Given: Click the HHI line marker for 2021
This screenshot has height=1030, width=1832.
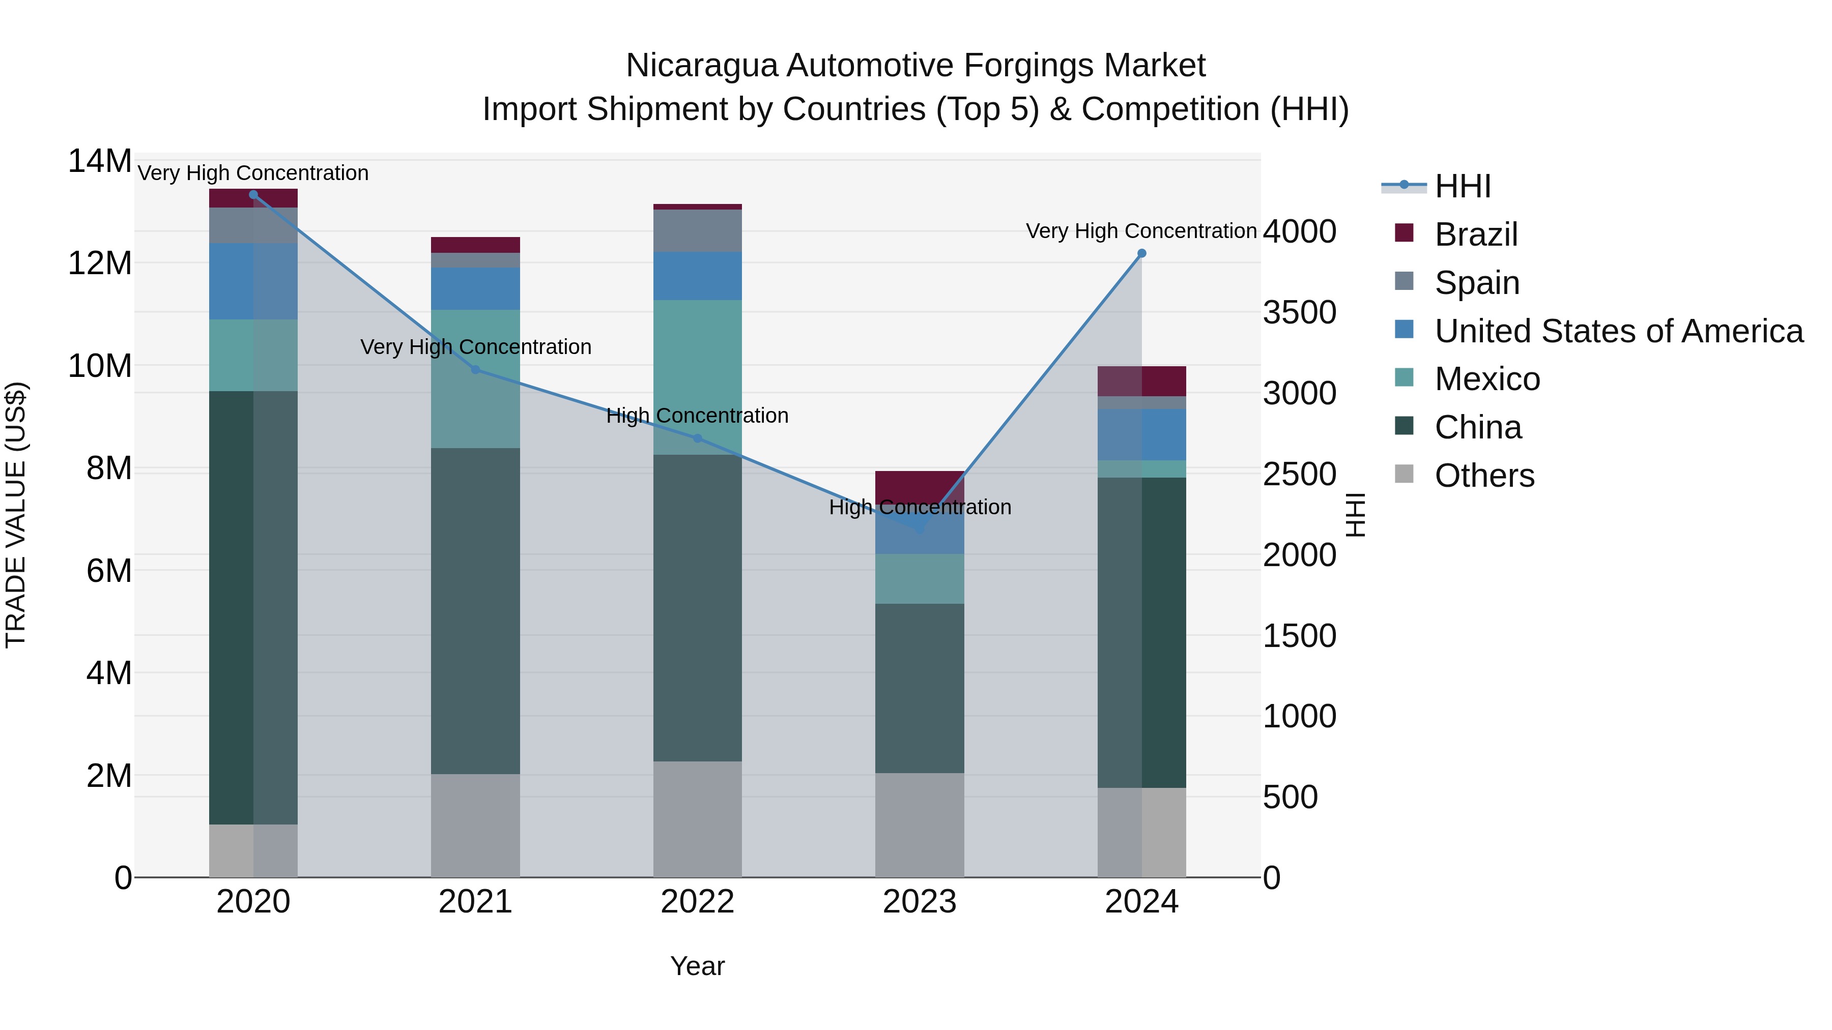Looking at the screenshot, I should tap(476, 370).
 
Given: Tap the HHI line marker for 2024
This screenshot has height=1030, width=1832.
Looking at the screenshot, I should tap(1141, 253).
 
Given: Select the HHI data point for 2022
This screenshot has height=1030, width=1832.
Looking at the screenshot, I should tap(698, 438).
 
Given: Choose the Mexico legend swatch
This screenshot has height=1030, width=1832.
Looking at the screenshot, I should tap(1404, 378).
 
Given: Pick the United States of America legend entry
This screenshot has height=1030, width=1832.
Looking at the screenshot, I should tap(1618, 331).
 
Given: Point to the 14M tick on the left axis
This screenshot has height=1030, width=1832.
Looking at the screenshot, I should tap(100, 161).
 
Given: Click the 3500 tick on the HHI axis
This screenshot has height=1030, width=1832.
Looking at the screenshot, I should tap(1299, 313).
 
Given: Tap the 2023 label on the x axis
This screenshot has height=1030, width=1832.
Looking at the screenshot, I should tap(920, 902).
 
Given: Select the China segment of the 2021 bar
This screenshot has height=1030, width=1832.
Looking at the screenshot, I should tap(476, 611).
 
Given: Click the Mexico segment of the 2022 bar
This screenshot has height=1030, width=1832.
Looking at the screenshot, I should tap(698, 377).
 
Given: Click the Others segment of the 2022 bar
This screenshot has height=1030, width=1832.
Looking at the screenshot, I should tap(698, 819).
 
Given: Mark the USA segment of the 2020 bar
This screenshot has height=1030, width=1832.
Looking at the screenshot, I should tap(253, 281).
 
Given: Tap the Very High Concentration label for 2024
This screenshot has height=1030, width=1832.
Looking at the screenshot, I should tap(1141, 231).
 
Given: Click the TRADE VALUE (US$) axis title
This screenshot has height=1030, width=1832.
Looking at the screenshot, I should tap(16, 515).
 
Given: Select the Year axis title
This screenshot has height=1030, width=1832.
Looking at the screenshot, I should tap(697, 966).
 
